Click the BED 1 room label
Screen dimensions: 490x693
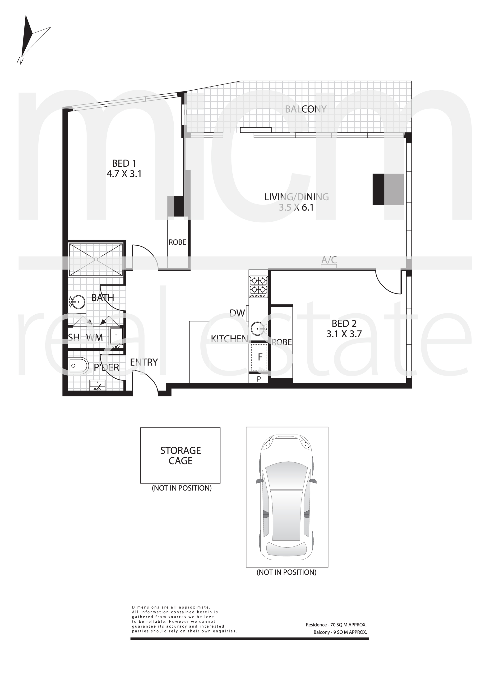124,164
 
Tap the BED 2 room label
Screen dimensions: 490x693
344,324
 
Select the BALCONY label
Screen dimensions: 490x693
305,109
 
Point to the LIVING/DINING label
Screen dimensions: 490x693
296,197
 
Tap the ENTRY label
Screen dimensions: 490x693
144,362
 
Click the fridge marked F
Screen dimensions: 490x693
259,357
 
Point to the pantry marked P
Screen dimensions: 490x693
259,379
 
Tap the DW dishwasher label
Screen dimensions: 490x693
237,313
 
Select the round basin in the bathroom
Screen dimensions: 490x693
78,302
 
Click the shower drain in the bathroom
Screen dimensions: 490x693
96,259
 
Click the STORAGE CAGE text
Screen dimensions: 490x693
180,455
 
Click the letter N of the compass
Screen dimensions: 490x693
20,61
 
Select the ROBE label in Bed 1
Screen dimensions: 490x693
177,242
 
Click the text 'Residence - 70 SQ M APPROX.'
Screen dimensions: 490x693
336,625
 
